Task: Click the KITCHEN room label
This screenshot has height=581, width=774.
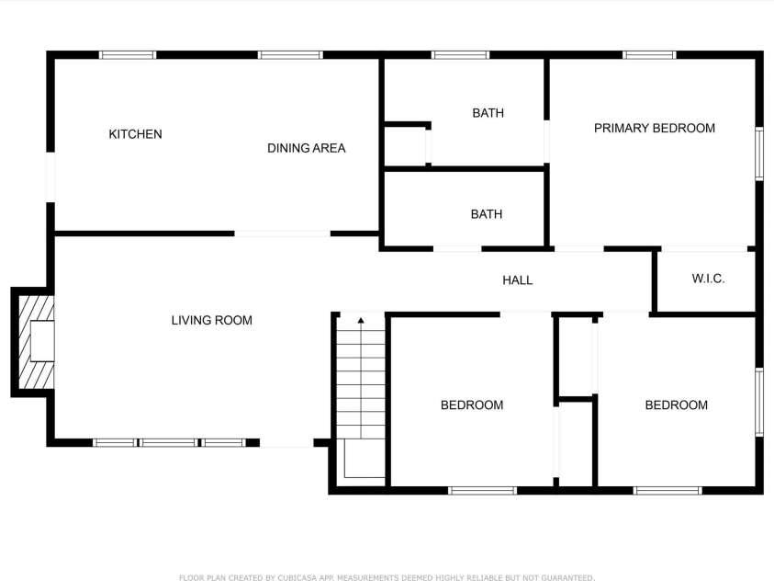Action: pyautogui.click(x=135, y=134)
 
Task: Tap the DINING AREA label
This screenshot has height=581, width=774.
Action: pyautogui.click(x=306, y=148)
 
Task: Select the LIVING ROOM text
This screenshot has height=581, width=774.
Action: pyautogui.click(x=211, y=321)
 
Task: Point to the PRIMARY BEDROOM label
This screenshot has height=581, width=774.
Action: pyautogui.click(x=654, y=129)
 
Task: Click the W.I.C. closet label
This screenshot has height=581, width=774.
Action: pyautogui.click(x=707, y=279)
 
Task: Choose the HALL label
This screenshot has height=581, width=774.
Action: pyautogui.click(x=517, y=280)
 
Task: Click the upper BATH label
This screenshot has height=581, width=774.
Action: pyautogui.click(x=488, y=114)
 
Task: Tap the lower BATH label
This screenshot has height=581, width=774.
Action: pyautogui.click(x=486, y=214)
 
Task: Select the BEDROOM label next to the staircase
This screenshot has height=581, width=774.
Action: pyautogui.click(x=471, y=405)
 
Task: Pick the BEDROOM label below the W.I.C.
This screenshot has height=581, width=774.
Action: pyautogui.click(x=676, y=405)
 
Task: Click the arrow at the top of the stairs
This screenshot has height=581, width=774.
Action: pyautogui.click(x=361, y=321)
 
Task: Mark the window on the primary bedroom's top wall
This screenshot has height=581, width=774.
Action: pyautogui.click(x=649, y=55)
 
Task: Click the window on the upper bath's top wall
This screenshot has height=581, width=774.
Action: pyautogui.click(x=460, y=55)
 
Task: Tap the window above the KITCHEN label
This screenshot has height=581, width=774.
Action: pyautogui.click(x=128, y=55)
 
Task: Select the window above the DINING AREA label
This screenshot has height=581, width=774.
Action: pyautogui.click(x=290, y=55)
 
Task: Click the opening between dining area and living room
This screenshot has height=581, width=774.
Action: pyautogui.click(x=282, y=234)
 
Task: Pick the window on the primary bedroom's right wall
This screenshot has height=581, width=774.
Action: pyautogui.click(x=759, y=153)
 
